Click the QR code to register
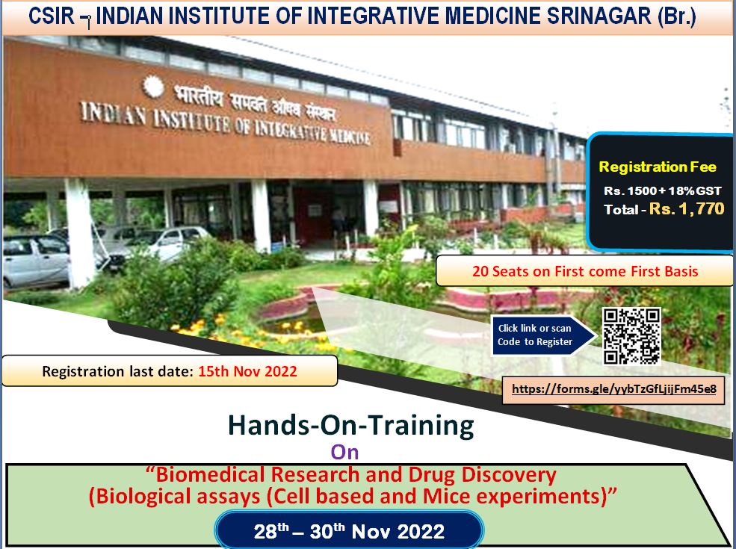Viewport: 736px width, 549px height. point(631,336)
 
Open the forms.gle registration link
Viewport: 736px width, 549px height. point(613,389)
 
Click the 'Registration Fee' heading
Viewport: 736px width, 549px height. point(658,167)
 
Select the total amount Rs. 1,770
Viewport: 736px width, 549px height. point(686,209)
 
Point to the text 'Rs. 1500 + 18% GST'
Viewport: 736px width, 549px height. point(662,191)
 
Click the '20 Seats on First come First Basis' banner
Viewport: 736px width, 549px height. point(584,271)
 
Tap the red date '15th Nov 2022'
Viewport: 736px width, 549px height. point(247,371)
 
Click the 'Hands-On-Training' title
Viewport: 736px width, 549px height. point(350,425)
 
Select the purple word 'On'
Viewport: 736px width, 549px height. point(345,451)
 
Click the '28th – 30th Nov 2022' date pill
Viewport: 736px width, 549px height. point(349,532)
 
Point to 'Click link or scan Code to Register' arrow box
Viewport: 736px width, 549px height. point(536,335)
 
